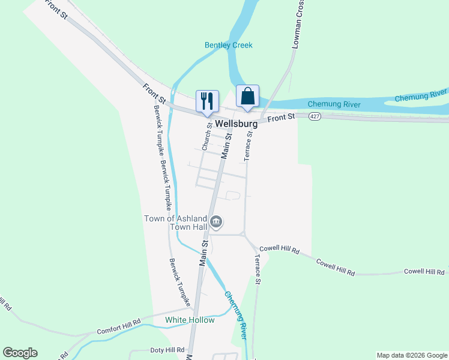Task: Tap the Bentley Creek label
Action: click(229, 45)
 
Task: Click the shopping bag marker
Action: click(247, 95)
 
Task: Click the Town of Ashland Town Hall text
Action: click(175, 223)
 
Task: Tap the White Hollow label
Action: click(190, 320)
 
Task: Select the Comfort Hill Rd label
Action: click(118, 327)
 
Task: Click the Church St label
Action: click(207, 137)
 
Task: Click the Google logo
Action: click(20, 353)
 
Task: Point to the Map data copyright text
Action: click(412, 355)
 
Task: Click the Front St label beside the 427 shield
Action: click(282, 118)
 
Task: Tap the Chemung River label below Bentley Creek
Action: click(334, 104)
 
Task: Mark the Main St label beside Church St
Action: click(226, 146)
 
